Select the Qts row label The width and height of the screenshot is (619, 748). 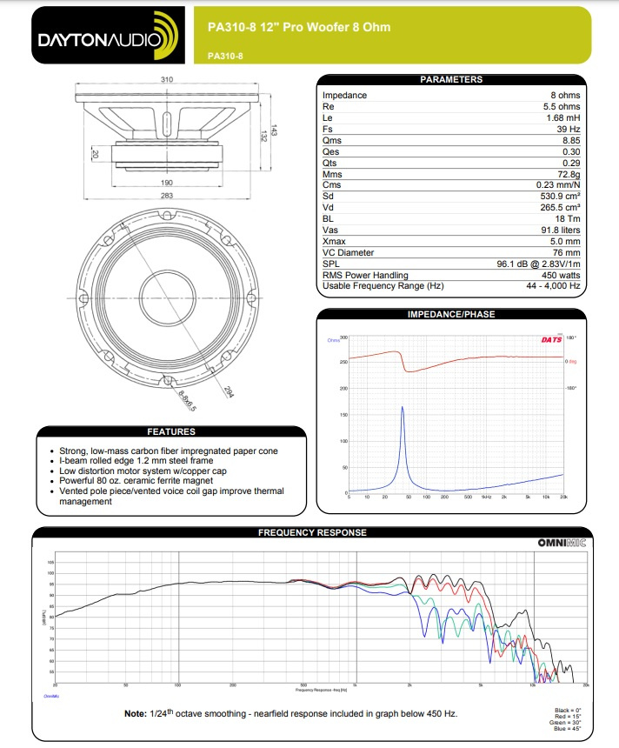click(x=331, y=163)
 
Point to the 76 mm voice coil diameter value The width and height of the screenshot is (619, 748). click(x=566, y=252)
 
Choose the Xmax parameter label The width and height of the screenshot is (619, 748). click(x=334, y=241)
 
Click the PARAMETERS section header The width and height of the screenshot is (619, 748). click(x=450, y=80)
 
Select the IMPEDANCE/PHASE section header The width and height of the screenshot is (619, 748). click(x=450, y=314)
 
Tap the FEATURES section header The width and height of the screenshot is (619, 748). click(x=171, y=431)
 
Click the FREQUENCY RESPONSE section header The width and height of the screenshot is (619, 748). click(x=312, y=532)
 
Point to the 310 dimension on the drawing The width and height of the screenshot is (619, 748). click(x=167, y=80)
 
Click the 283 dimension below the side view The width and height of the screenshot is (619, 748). click(x=167, y=196)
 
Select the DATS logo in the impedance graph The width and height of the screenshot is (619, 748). click(x=551, y=338)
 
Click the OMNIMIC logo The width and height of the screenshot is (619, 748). click(x=562, y=543)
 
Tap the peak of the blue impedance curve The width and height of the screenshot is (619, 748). click(x=402, y=407)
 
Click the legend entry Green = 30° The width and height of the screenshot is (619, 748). click(x=569, y=723)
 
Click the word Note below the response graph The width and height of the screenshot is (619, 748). click(x=135, y=714)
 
